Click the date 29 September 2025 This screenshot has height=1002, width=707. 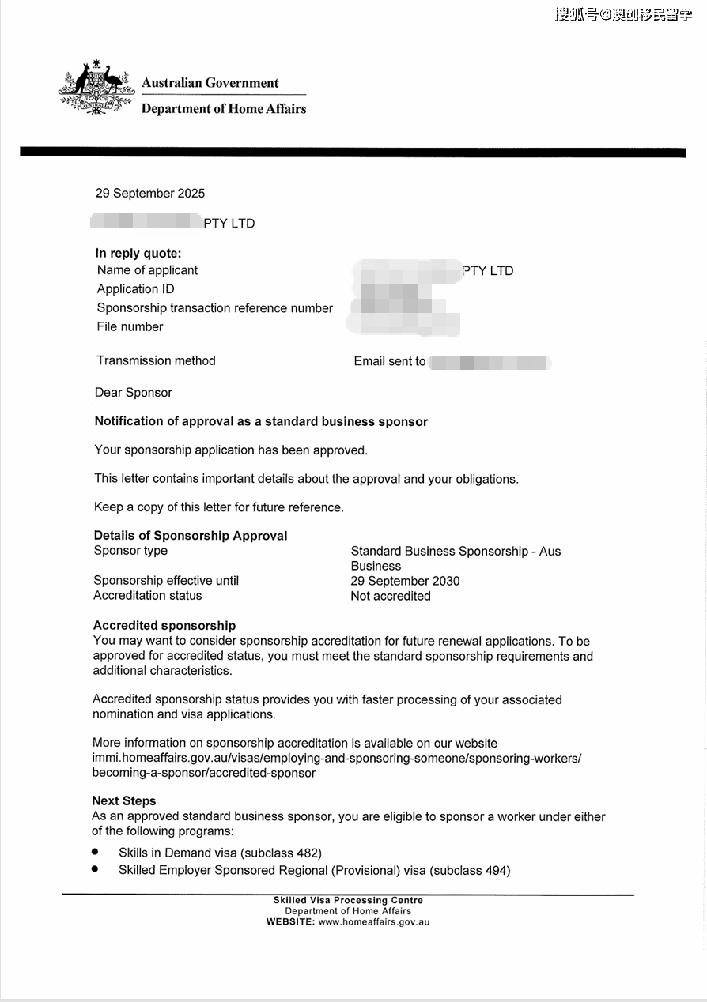pos(150,194)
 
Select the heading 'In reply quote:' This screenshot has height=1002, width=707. pos(138,254)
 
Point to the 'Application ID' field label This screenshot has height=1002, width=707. pos(135,289)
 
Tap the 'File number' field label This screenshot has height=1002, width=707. pos(130,326)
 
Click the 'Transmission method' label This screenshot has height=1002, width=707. pos(156,360)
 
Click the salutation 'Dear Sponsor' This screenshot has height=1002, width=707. pos(133,393)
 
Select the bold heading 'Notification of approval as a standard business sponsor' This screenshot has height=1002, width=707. pos(261,422)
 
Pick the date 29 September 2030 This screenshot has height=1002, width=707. pos(405,581)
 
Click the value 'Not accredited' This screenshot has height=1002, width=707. pos(391,596)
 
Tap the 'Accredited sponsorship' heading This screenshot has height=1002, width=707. pos(164,626)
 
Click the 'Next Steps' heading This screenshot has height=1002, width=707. pos(124,801)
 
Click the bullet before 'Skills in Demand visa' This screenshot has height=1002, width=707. pos(95,852)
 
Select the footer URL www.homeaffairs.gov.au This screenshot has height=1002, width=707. pos(374,921)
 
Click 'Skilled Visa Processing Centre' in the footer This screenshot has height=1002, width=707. pos(348,901)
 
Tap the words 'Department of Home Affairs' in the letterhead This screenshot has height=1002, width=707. pos(224,109)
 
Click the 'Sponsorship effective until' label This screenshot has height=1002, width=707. pos(166,581)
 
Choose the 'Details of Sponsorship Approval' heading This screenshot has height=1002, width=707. pos(191,536)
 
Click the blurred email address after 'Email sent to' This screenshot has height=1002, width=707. pos(489,363)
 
